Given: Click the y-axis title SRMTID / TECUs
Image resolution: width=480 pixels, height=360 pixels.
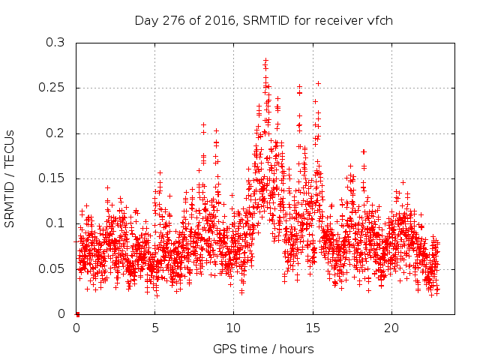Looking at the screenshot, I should pos(10,178).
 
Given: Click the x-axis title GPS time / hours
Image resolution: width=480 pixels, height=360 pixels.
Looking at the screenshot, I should pos(263,349).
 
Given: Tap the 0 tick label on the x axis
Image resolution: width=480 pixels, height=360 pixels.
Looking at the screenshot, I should pos(76,328).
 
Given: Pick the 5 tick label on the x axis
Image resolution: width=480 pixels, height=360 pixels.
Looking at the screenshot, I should pos(155,328).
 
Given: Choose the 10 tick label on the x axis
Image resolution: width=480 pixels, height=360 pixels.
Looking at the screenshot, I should pos(233,328).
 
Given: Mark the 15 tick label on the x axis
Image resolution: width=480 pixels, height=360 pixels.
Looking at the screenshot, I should pos(312,328).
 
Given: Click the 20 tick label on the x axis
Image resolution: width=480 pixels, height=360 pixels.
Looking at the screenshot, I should pos(391,328).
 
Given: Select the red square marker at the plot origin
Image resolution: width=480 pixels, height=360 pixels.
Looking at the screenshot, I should pos(77,313).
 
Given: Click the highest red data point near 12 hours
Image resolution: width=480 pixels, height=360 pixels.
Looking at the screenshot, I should pos(265,60).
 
